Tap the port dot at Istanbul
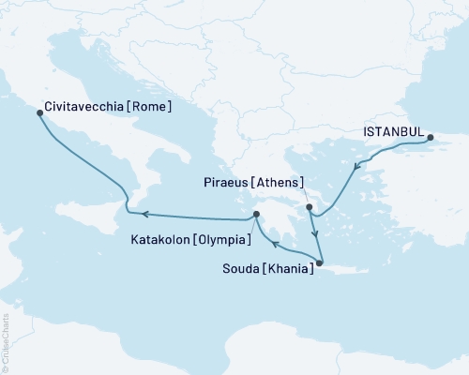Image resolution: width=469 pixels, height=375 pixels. pos(431,138)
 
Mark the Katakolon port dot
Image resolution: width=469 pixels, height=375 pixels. pos(255,217)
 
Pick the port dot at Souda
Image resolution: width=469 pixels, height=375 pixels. pos(319,263)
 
